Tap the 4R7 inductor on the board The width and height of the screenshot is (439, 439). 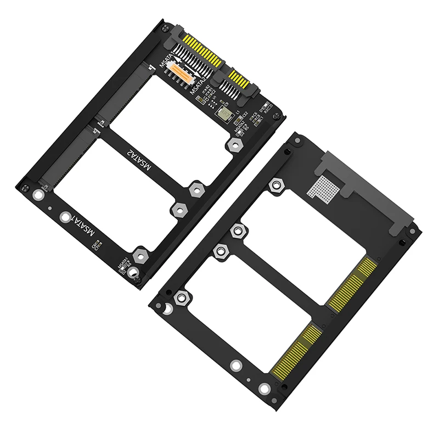tap(224, 113)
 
